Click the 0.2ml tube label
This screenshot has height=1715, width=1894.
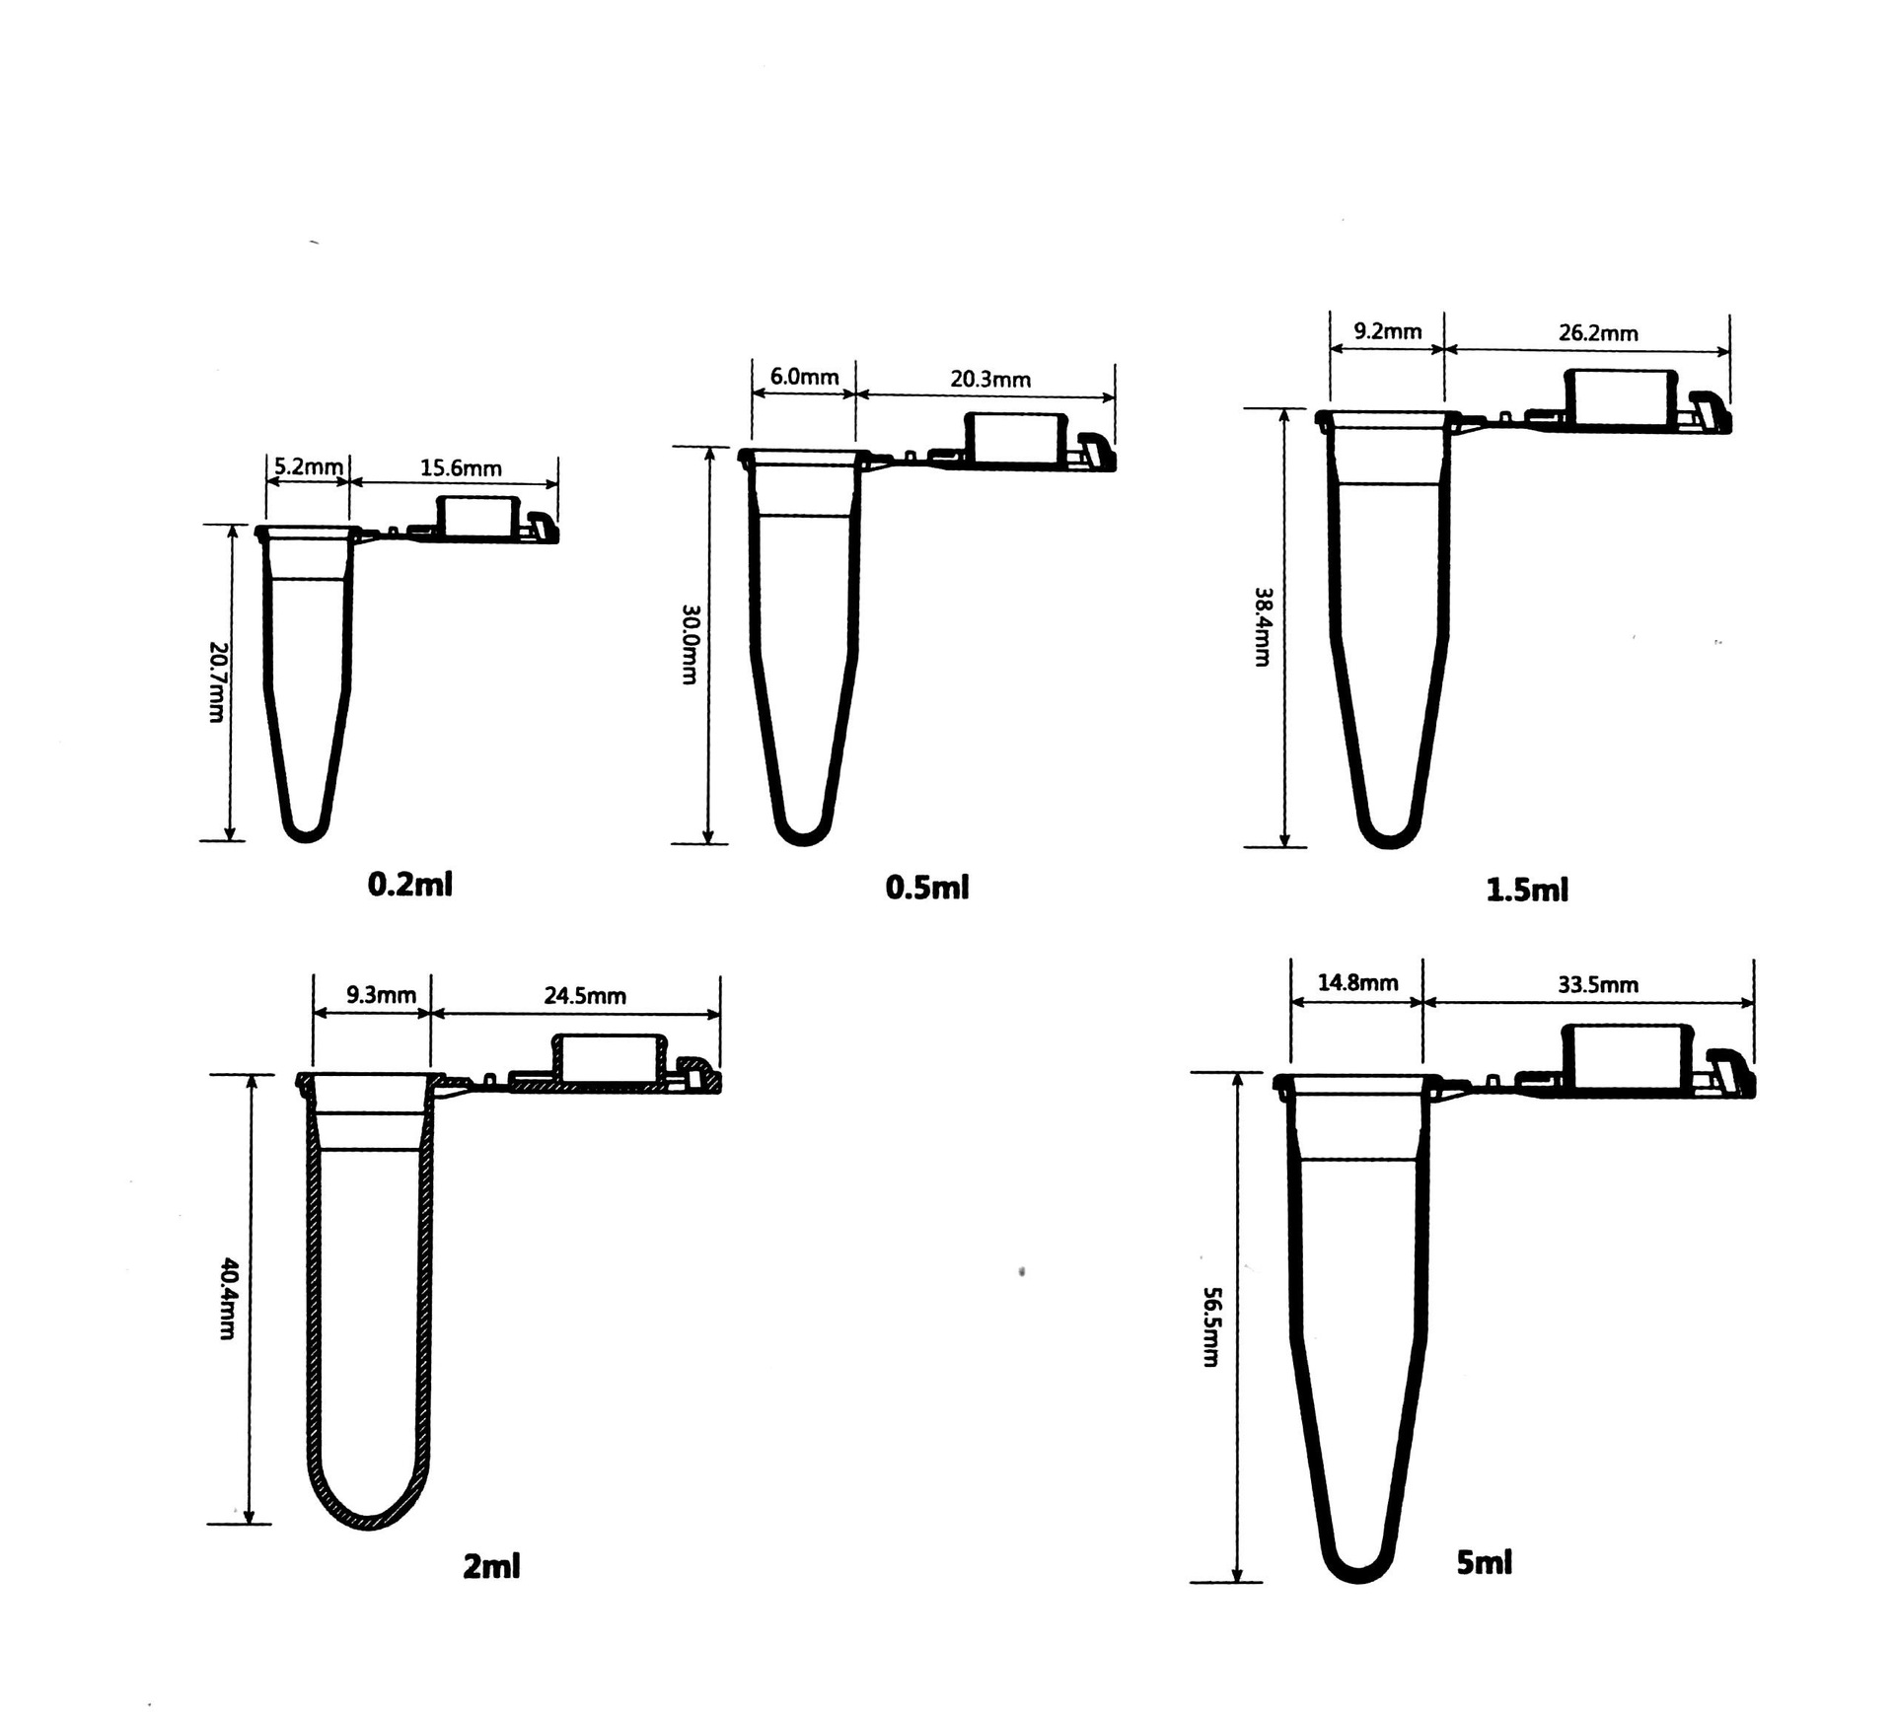point(409,884)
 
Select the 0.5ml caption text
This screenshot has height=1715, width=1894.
point(927,887)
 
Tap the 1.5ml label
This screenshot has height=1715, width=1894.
point(1526,890)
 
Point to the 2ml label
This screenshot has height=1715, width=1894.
point(491,1565)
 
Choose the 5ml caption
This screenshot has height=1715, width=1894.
point(1484,1561)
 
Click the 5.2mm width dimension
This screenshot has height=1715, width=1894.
point(309,466)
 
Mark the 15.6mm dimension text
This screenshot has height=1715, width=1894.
point(461,467)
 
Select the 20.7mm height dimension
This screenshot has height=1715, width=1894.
point(218,681)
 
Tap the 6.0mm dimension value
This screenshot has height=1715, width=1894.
point(804,377)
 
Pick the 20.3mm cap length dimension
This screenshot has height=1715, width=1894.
point(990,379)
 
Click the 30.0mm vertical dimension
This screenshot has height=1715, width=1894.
point(690,644)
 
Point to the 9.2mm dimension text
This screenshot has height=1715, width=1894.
point(1387,331)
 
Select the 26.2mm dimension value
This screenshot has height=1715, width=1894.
point(1598,333)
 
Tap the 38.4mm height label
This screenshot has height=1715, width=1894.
point(1263,627)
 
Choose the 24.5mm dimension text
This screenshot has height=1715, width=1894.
point(585,996)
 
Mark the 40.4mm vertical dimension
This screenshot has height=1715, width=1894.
point(228,1298)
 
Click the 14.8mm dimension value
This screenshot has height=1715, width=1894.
point(1357,982)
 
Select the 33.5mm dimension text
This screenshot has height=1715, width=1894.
point(1598,984)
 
